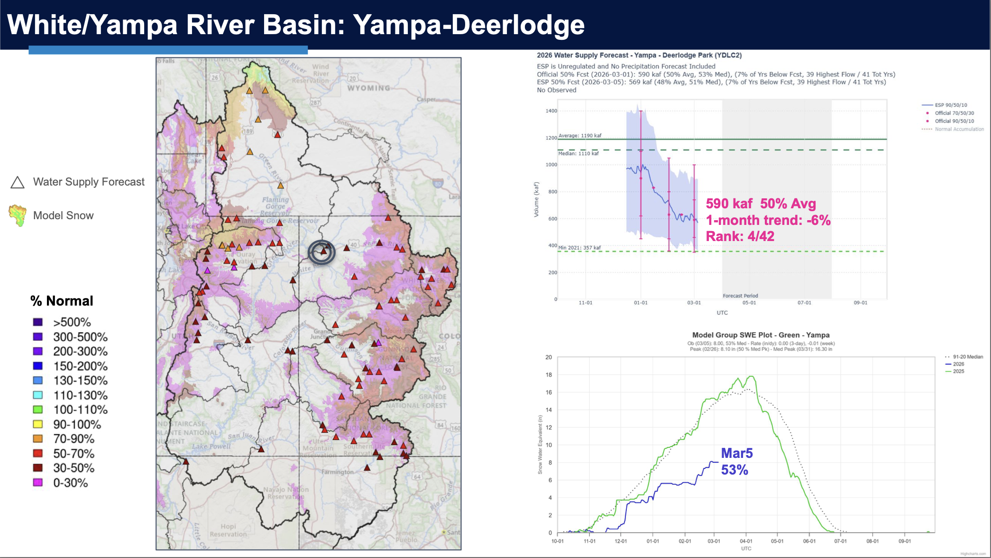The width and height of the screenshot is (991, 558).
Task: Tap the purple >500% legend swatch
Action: tap(38, 322)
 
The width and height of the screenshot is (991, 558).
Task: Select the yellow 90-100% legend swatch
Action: tap(38, 424)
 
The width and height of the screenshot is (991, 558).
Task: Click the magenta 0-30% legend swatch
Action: tap(38, 483)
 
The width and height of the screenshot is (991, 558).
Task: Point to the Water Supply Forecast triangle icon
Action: tap(18, 183)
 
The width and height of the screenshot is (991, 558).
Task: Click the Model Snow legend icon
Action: tap(18, 215)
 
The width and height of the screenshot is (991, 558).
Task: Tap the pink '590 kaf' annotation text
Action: tap(729, 204)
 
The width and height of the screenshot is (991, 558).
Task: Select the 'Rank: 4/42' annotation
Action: tap(740, 236)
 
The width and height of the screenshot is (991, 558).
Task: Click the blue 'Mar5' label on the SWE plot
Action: tap(736, 454)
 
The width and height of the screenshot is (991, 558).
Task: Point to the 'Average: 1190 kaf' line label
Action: tap(579, 136)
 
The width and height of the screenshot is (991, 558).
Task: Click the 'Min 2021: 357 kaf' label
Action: tap(579, 248)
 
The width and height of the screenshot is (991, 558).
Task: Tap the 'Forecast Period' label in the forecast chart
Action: tap(740, 296)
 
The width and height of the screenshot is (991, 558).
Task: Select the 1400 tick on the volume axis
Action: tap(551, 111)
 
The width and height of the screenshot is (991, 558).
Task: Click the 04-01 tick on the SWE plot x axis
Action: tap(746, 541)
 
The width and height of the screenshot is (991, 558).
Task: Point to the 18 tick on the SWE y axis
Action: tap(549, 375)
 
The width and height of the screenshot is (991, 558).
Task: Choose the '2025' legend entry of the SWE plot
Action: tap(958, 372)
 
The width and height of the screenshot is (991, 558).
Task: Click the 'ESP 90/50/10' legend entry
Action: tap(951, 105)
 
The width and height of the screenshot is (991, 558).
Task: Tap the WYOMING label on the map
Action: tap(368, 88)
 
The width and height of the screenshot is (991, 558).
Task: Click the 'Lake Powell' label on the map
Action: tap(211, 446)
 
